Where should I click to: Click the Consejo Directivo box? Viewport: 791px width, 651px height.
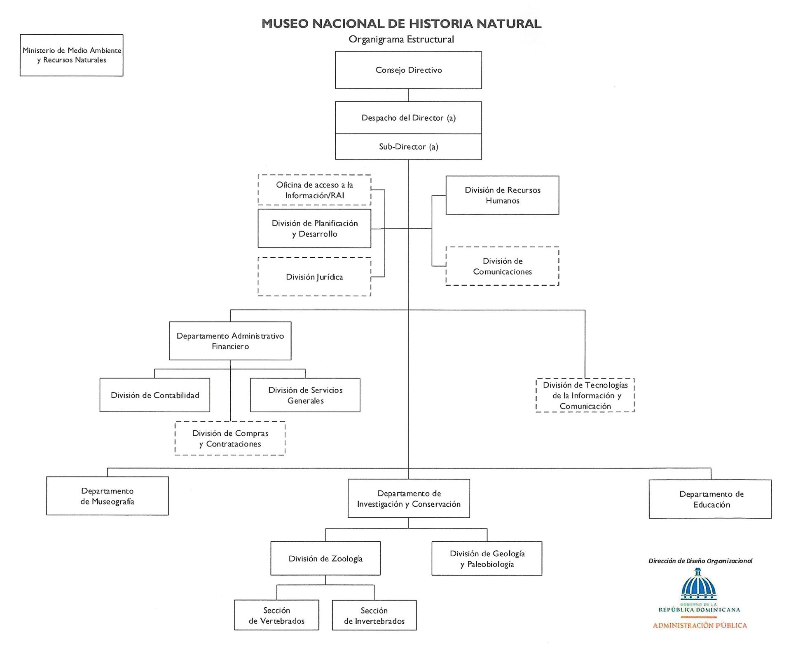pos(408,70)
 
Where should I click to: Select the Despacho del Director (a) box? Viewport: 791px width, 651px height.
pos(408,118)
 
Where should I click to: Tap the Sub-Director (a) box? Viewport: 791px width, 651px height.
pos(408,147)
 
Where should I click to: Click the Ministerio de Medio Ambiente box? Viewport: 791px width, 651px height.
pos(72,55)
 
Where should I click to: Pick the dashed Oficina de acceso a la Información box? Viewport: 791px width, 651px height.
pos(314,190)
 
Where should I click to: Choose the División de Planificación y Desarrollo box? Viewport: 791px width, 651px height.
pos(314,228)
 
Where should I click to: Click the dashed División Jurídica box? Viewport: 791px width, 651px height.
pos(314,277)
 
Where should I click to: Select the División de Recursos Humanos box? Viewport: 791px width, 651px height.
pos(502,195)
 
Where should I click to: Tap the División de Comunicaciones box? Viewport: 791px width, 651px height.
pos(502,266)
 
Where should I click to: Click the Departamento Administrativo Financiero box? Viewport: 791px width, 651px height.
pos(230,341)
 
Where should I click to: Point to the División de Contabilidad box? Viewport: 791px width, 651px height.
pos(155,395)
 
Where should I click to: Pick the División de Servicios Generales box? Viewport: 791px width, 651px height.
pos(305,395)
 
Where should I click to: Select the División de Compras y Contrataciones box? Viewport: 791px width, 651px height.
pos(230,438)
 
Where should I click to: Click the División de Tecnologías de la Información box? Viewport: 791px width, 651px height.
pos(585,395)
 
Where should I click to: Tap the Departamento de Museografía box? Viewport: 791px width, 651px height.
pos(108,496)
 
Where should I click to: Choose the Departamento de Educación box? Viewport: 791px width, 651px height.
pos(710,499)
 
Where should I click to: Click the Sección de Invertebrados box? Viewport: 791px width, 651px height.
pos(374,615)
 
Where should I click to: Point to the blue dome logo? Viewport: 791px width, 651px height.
pos(698,585)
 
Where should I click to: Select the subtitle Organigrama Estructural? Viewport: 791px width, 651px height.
pos(401,40)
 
